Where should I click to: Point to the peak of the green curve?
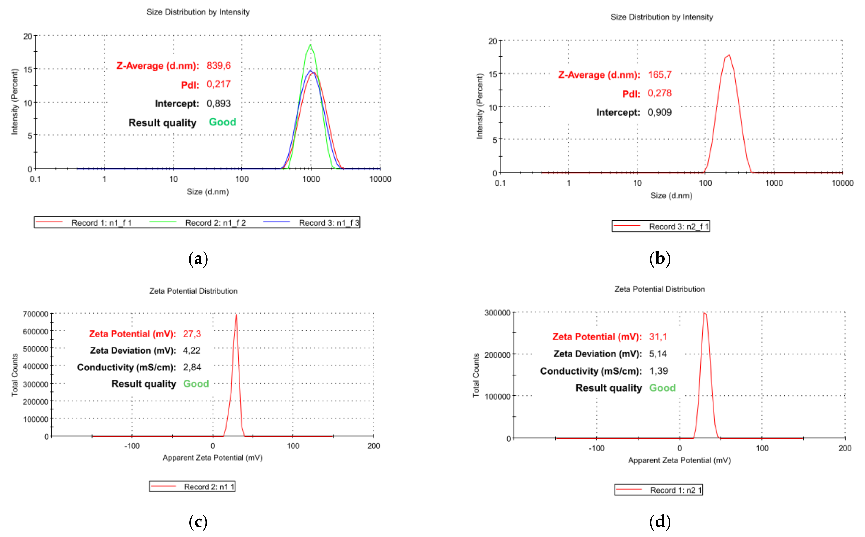coord(311,45)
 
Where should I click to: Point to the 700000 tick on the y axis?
coord(36,314)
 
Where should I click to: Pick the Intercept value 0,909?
coord(659,112)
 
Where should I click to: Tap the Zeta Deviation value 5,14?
coord(658,354)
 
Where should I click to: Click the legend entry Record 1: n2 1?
coord(676,490)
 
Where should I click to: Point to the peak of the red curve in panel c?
coord(236,315)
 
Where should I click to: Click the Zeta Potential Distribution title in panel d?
coord(659,289)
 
